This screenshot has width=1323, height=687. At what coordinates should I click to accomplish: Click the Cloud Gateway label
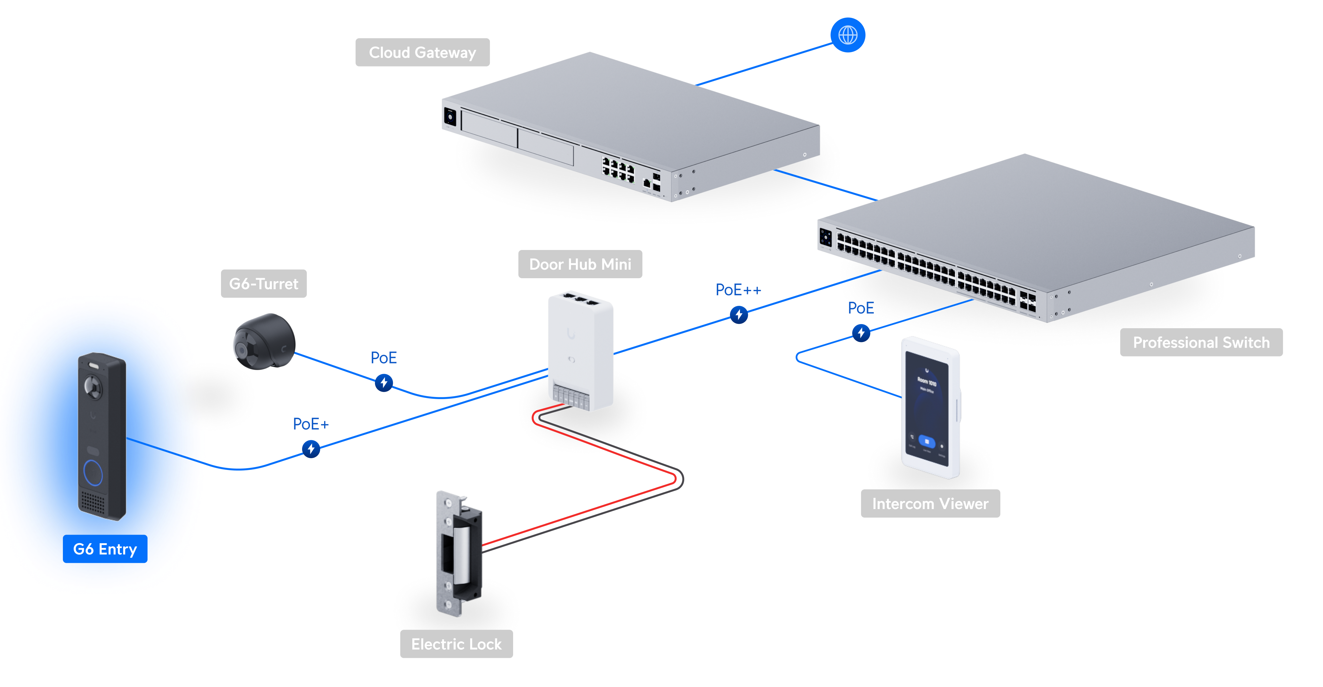(x=422, y=52)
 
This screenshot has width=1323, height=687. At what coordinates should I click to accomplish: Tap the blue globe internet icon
(x=848, y=35)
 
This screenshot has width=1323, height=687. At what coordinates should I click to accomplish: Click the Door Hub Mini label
(x=580, y=264)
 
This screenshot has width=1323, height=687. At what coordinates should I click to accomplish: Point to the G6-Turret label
(x=264, y=284)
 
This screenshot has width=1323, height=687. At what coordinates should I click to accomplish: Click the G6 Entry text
(x=105, y=549)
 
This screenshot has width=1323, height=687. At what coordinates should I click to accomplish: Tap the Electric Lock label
(x=456, y=644)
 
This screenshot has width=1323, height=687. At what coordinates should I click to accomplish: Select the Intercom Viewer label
(x=930, y=503)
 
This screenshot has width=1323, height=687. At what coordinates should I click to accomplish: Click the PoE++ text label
(x=738, y=290)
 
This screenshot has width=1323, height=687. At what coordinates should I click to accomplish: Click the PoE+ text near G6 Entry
(x=310, y=424)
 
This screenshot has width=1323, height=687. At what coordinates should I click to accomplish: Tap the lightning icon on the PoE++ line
(x=738, y=314)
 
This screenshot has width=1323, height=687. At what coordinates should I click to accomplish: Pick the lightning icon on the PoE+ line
(x=311, y=448)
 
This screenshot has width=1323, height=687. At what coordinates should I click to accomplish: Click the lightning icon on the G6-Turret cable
(x=384, y=382)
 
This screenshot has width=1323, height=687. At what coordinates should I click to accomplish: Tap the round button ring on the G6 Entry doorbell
(x=93, y=472)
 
